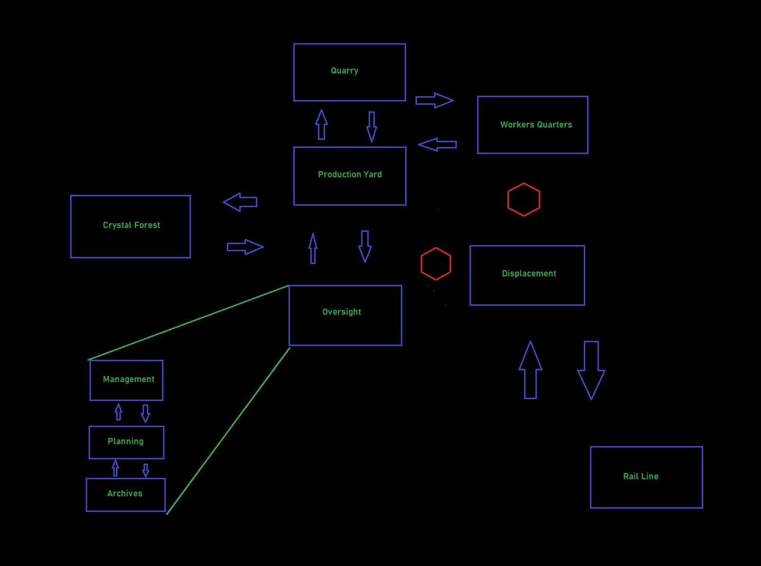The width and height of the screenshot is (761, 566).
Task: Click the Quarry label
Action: pos(344,71)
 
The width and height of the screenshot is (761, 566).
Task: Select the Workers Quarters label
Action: pos(536,125)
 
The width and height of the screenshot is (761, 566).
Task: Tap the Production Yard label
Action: pos(350,174)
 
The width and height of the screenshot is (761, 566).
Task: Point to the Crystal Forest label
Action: pos(131,225)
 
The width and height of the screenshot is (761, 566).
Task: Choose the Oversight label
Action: pos(341,312)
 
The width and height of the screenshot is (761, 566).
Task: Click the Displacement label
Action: pos(529,274)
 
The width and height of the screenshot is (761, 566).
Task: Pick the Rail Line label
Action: pos(641,476)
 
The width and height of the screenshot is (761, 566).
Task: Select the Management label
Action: pos(128,379)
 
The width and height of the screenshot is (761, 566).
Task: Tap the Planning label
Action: pos(126,441)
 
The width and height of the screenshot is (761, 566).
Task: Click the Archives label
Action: pos(125,493)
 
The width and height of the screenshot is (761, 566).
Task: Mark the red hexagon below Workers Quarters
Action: pos(524,200)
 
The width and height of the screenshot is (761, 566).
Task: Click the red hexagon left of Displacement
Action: pos(435,264)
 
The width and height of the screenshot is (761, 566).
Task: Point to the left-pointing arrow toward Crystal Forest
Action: pos(240,202)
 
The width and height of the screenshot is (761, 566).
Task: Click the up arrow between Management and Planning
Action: pos(118,412)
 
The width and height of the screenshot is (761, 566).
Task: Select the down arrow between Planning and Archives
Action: pos(145,470)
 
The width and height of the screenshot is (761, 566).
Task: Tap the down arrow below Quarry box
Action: pos(372,127)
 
